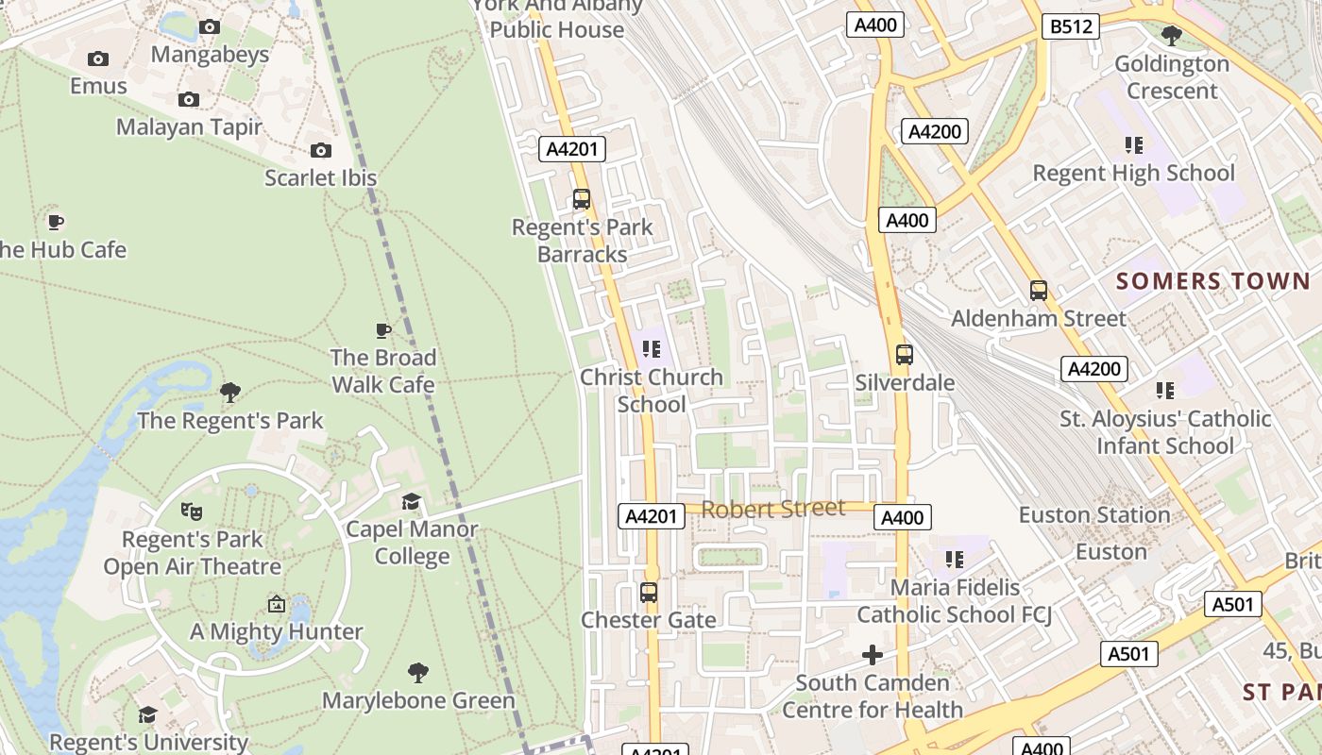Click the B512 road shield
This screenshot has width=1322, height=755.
click(x=1072, y=26)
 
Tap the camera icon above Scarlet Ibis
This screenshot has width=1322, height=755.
click(x=321, y=150)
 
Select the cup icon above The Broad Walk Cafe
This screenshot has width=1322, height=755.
click(x=383, y=330)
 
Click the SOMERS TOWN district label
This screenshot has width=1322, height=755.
click(x=1213, y=281)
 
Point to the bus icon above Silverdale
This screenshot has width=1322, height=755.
click(x=905, y=355)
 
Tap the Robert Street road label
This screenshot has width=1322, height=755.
click(x=773, y=510)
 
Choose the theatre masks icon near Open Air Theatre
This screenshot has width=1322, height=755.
click(x=192, y=512)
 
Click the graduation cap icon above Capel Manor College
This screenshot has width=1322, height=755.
click(x=412, y=501)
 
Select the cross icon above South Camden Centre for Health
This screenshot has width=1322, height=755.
click(x=873, y=655)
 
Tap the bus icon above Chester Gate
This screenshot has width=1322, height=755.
click(x=649, y=593)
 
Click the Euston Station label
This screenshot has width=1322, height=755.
click(x=1094, y=515)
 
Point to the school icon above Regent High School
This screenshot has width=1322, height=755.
click(x=1134, y=145)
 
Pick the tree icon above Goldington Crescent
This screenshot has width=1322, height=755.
click(x=1172, y=36)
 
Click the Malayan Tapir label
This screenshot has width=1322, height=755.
click(x=189, y=126)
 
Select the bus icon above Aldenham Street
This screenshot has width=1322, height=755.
click(x=1039, y=291)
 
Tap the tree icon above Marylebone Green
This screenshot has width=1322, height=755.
click(x=418, y=673)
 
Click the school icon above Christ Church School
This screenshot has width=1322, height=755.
click(x=652, y=349)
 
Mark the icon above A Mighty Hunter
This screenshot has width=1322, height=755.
click(x=277, y=604)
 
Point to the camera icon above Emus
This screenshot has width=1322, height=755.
click(x=98, y=59)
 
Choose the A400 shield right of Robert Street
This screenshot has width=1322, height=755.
click(x=903, y=517)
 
